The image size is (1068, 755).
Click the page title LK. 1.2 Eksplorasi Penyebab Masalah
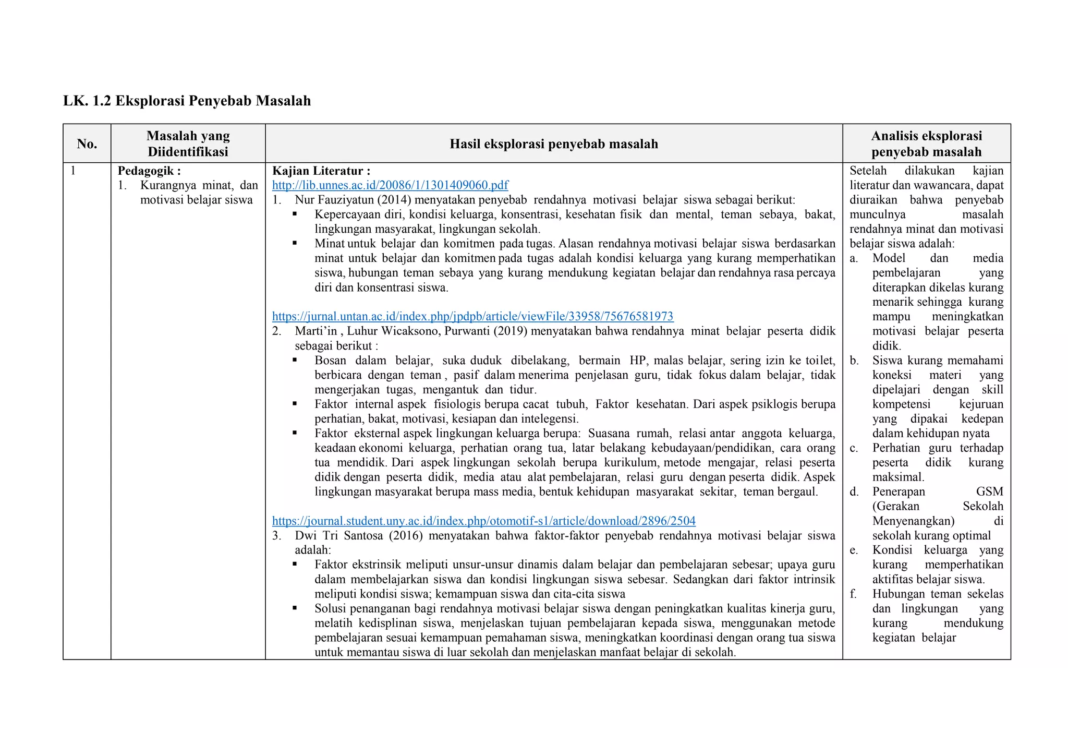point(187,101)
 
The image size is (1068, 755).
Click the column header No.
point(87,144)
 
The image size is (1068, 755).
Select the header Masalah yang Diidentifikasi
point(188,144)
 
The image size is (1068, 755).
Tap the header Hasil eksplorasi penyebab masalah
point(553,144)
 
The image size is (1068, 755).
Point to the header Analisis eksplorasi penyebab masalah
point(926,144)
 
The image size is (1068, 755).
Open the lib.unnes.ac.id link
point(390,185)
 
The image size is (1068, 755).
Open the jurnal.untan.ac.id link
point(472,316)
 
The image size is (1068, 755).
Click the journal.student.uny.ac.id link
point(483,521)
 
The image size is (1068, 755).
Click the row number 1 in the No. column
point(73,171)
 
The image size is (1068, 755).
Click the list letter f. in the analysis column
point(853,594)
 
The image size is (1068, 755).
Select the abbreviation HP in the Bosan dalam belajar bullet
point(637,360)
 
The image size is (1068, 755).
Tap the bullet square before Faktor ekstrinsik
point(295,564)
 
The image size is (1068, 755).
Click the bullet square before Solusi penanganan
point(295,608)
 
